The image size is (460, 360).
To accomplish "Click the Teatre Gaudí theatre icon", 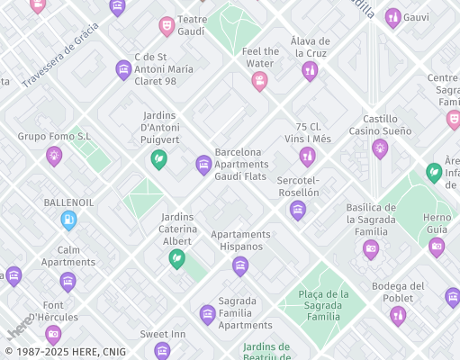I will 167,26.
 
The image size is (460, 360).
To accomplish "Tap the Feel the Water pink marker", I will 259,81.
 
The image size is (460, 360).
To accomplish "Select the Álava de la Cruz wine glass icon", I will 310,71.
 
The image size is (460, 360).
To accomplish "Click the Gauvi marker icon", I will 392,17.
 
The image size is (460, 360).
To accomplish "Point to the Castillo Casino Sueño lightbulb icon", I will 380,148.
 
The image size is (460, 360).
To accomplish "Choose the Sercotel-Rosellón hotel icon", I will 298,211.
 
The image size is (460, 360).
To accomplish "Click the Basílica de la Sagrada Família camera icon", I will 371,249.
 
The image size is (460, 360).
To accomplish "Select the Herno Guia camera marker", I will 437,247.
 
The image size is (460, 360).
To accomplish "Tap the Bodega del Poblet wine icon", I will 398,315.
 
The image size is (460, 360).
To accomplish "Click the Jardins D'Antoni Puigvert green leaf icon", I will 158,159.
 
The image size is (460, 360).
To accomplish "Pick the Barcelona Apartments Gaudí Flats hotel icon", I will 203,164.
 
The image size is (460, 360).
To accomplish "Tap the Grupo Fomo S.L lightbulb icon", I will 54,156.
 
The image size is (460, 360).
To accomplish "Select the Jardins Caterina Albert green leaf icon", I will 176,258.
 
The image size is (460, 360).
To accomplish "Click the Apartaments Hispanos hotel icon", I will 239,265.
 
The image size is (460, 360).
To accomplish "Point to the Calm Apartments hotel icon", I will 68,282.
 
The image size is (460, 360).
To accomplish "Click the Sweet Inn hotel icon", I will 162,350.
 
